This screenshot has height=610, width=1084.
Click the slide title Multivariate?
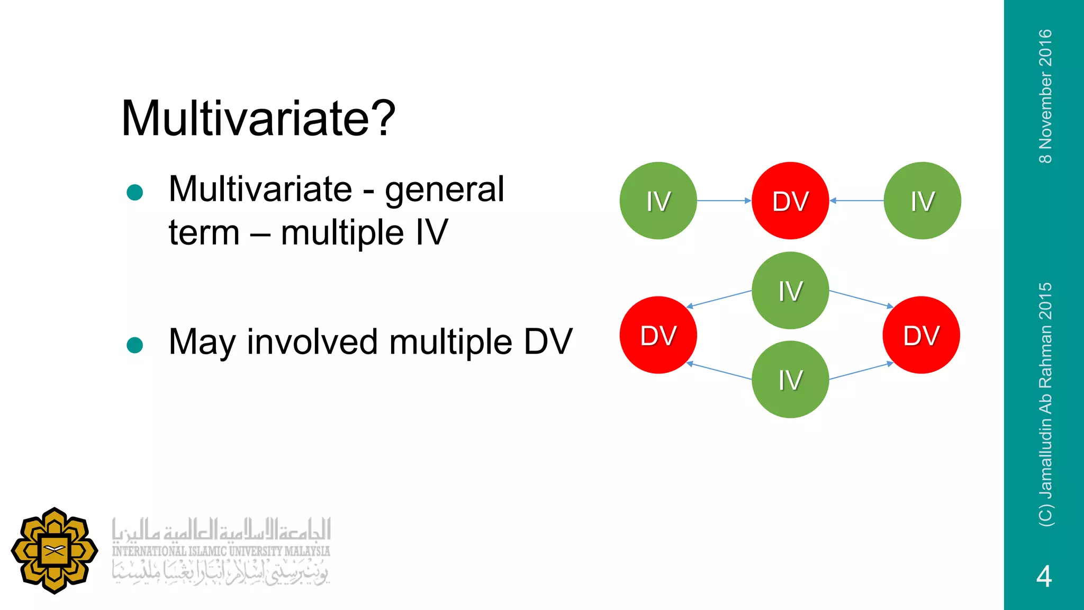pyautogui.click(x=258, y=119)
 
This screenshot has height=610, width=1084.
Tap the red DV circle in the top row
pyautogui.click(x=790, y=201)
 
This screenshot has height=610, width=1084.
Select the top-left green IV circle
pyautogui.click(x=658, y=201)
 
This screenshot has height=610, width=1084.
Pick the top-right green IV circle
pyautogui.click(x=922, y=201)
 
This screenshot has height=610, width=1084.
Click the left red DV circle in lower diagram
pyautogui.click(x=658, y=335)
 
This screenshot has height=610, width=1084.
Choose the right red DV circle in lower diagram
pyautogui.click(x=921, y=335)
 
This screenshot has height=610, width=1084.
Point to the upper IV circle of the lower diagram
pyautogui.click(x=790, y=290)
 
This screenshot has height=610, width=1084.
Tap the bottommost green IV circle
pyautogui.click(x=790, y=380)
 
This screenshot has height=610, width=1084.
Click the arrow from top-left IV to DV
pyautogui.click(x=724, y=201)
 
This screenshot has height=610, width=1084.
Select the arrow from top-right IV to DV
pyautogui.click(x=856, y=201)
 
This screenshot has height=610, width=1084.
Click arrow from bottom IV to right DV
pyautogui.click(x=861, y=371)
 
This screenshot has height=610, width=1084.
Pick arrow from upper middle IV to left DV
pyautogui.click(x=719, y=299)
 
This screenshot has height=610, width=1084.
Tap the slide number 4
pyautogui.click(x=1044, y=577)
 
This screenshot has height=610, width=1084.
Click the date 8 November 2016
pyautogui.click(x=1045, y=96)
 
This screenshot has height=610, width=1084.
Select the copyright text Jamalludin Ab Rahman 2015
pyautogui.click(x=1045, y=405)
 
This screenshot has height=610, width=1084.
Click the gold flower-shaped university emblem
pyautogui.click(x=55, y=551)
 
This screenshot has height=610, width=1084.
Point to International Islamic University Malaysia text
pyautogui.click(x=221, y=551)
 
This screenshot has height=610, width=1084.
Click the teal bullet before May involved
pyautogui.click(x=135, y=345)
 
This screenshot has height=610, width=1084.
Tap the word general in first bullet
pyautogui.click(x=444, y=189)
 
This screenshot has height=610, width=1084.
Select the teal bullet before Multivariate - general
pyautogui.click(x=135, y=192)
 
